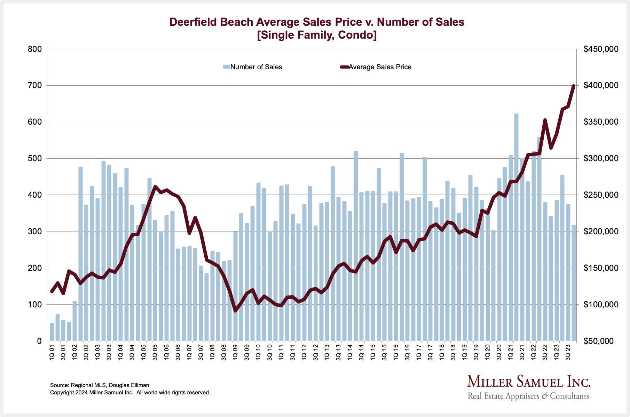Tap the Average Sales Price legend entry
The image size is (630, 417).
pos(376,67)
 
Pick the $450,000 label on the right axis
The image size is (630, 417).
pos(601,49)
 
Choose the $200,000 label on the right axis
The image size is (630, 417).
pos(601,231)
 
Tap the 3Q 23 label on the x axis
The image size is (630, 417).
pos(568,352)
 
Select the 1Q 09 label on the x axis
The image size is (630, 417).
pos(235,352)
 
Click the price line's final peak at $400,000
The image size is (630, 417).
pos(574,86)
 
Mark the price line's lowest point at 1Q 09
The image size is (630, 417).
pos(235,310)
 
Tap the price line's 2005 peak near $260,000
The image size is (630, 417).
pos(155,187)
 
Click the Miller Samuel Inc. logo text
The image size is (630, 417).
pos(528,382)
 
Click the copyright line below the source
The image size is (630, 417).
pos(130,393)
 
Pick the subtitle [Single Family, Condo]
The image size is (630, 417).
pos(317,36)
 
